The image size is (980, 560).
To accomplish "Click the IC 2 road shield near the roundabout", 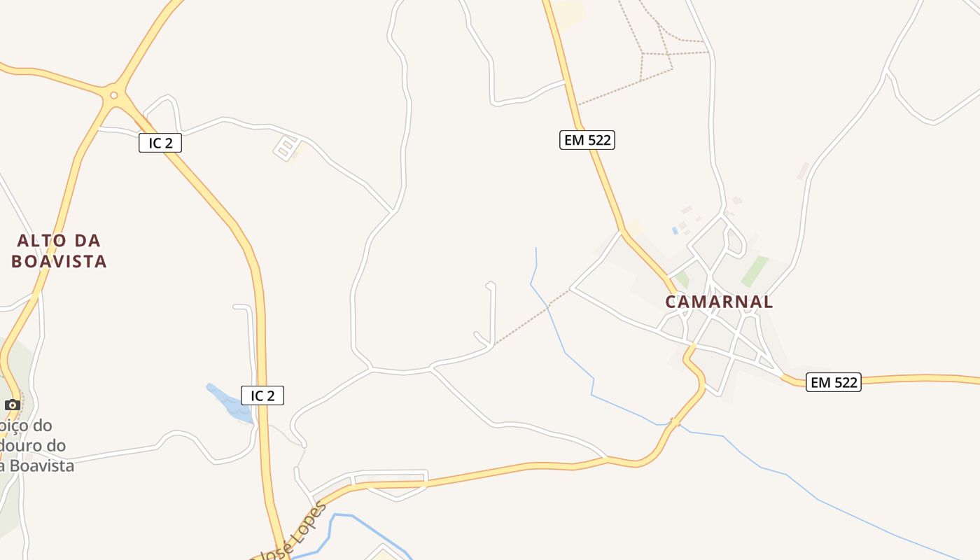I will click(160, 143).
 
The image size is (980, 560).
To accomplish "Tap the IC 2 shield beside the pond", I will click(262, 395).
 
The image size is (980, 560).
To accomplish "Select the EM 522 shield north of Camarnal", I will click(587, 140).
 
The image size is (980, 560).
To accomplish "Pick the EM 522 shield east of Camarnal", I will click(833, 382).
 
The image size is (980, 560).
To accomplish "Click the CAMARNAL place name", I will click(719, 302).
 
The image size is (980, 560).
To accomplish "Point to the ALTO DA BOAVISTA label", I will click(59, 251).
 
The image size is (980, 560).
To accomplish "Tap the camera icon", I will click(12, 405).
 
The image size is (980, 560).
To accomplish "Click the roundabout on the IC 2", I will click(113, 94).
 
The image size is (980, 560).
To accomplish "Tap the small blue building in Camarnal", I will click(675, 230).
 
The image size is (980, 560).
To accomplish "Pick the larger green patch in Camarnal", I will click(755, 271).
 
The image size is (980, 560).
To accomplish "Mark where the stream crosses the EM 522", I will click(673, 422).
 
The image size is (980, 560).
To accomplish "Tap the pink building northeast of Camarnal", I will click(802, 171).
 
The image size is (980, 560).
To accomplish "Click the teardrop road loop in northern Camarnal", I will click(735, 241).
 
